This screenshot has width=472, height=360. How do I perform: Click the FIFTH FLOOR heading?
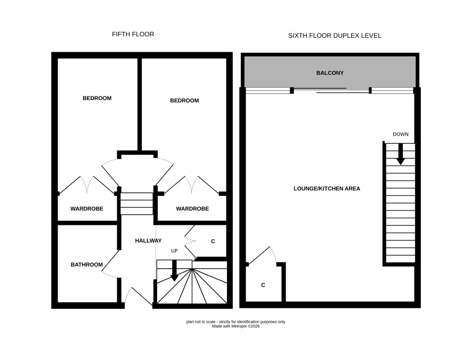(133, 34)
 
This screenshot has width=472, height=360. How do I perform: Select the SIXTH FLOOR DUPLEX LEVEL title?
(335, 36)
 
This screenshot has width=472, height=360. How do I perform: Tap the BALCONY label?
(330, 73)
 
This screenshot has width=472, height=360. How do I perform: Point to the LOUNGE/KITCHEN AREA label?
(327, 189)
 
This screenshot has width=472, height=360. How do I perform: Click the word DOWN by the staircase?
(401, 134)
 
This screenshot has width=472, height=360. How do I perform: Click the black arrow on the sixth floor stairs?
(401, 154)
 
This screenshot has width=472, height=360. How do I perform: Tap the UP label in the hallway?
(174, 251)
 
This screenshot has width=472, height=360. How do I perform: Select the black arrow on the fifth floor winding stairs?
(174, 271)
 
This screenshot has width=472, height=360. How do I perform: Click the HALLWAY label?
(149, 241)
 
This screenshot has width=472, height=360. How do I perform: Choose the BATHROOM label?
(87, 265)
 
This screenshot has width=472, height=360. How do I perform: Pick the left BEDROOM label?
(97, 98)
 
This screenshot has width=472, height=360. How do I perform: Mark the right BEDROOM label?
(184, 101)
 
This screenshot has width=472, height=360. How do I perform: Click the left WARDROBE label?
(87, 209)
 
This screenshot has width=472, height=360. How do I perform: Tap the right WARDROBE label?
(192, 209)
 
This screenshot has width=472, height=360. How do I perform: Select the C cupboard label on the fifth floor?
(213, 241)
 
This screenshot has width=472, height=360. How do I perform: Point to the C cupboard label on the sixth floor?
(263, 285)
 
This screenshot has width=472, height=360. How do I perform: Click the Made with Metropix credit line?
(235, 326)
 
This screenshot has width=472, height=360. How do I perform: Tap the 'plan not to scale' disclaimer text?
(235, 322)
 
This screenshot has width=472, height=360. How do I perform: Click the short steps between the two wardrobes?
(137, 204)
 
